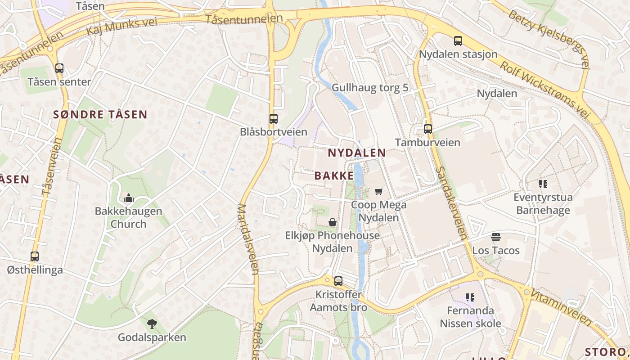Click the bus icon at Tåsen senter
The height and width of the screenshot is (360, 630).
pyautogui.click(x=59, y=68)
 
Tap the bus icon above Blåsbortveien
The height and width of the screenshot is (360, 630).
pyautogui.click(x=273, y=119)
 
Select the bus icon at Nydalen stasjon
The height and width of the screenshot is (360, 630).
pyautogui.click(x=458, y=41)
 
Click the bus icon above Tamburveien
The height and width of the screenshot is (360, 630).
pyautogui.click(x=427, y=129)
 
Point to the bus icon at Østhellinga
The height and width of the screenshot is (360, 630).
pyautogui.click(x=35, y=256)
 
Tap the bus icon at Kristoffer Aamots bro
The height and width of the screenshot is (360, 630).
pyautogui.click(x=338, y=281)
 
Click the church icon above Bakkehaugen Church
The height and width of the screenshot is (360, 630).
pyautogui.click(x=128, y=198)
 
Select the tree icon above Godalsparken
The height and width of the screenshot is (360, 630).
pyautogui.click(x=152, y=324)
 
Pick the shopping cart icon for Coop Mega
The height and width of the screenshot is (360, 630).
pyautogui.click(x=378, y=191)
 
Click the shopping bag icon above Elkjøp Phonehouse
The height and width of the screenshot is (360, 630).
pyautogui.click(x=332, y=222)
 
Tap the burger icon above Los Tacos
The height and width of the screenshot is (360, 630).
pyautogui.click(x=496, y=237)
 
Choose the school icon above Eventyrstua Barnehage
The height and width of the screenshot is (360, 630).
pyautogui.click(x=543, y=184)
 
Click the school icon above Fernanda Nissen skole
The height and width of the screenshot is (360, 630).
pyautogui.click(x=470, y=297)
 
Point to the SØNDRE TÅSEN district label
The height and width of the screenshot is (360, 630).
pyautogui.click(x=100, y=114)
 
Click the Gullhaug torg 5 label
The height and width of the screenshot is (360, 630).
pyautogui.click(x=370, y=87)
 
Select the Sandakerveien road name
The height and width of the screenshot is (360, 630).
pyautogui.click(x=451, y=203)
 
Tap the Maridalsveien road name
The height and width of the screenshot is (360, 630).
pyautogui.click(x=247, y=239)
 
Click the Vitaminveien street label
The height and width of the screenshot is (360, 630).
pyautogui.click(x=561, y=307)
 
